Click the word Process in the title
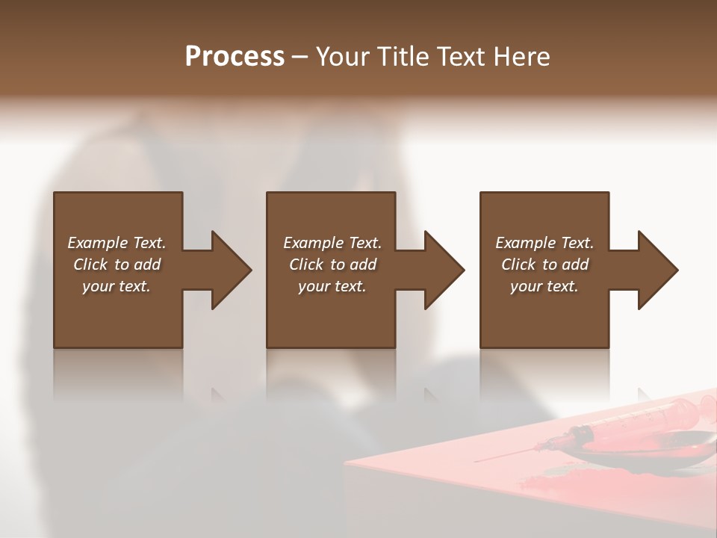(235, 57)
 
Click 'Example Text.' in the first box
(117, 243)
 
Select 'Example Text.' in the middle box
(332, 243)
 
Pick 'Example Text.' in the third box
(544, 243)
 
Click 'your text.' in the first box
(117, 286)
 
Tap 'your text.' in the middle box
(332, 286)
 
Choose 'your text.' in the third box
(544, 286)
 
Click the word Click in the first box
(90, 265)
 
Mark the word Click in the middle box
(306, 265)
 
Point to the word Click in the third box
(518, 265)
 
